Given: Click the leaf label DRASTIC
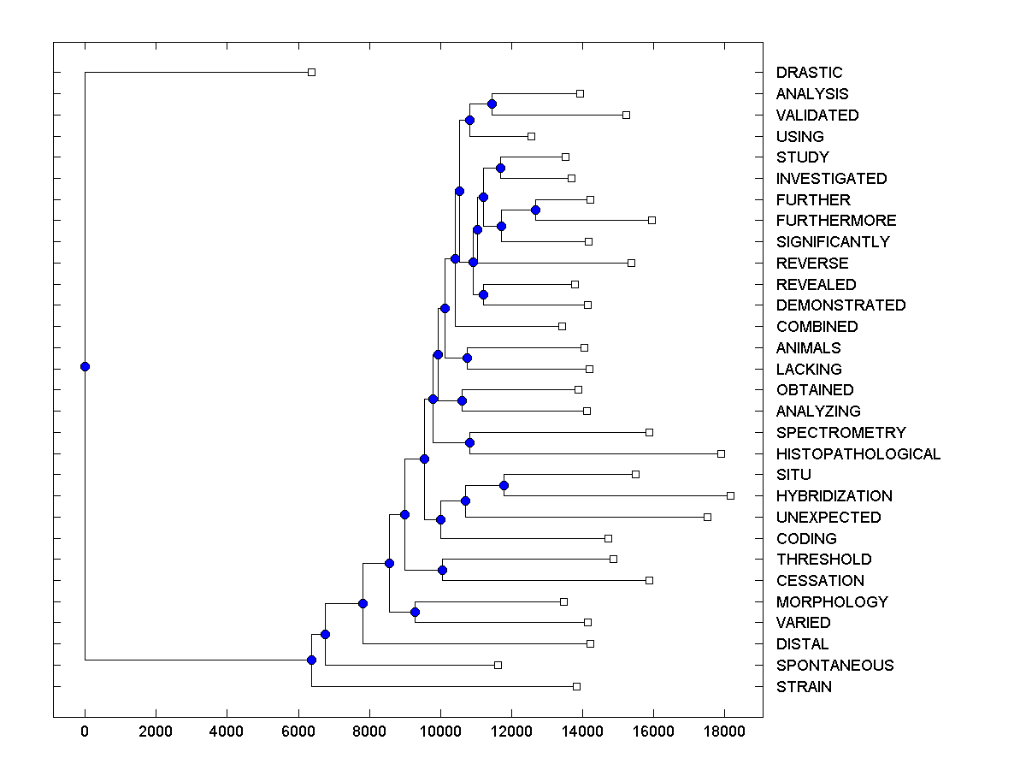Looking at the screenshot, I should pyautogui.click(x=809, y=73).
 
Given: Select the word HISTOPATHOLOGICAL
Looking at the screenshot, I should pyautogui.click(x=858, y=454).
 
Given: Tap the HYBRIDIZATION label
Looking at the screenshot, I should pyautogui.click(x=834, y=496).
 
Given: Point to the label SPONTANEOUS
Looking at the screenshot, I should pyautogui.click(x=834, y=666).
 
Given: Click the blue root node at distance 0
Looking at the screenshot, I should pyautogui.click(x=85, y=367).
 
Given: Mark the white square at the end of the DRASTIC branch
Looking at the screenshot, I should pyautogui.click(x=311, y=72).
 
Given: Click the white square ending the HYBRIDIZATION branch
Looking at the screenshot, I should pyautogui.click(x=730, y=495).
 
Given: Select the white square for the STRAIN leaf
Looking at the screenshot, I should pyautogui.click(x=576, y=686).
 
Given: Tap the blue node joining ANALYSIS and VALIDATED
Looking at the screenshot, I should pyautogui.click(x=492, y=104).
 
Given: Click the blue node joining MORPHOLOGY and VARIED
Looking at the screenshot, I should pyautogui.click(x=415, y=612).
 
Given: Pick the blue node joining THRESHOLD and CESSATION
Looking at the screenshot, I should pyautogui.click(x=442, y=570).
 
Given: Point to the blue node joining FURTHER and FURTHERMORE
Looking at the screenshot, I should pyautogui.click(x=536, y=210).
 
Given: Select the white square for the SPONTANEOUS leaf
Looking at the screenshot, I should pyautogui.click(x=498, y=665).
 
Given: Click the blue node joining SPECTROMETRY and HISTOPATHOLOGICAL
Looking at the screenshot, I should pyautogui.click(x=469, y=442).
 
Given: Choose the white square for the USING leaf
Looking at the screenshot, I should pyautogui.click(x=531, y=136).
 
